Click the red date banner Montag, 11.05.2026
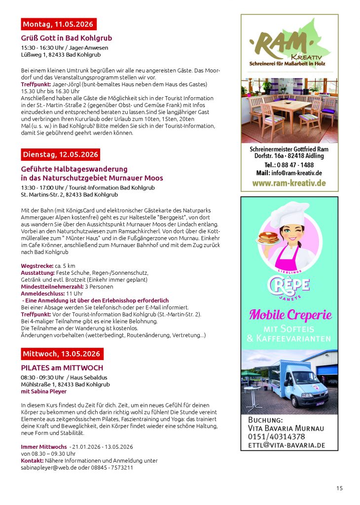coord(59,24)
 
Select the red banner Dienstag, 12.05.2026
coord(61,154)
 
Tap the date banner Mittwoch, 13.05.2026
coord(62,354)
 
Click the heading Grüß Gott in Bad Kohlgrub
coord(67,38)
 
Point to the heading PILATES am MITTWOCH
coord(62,368)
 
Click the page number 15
coord(339,488)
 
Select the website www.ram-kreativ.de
coord(289,183)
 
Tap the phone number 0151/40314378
coord(276,437)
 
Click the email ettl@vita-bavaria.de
coord(286,445)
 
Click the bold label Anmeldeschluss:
coord(41,293)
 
